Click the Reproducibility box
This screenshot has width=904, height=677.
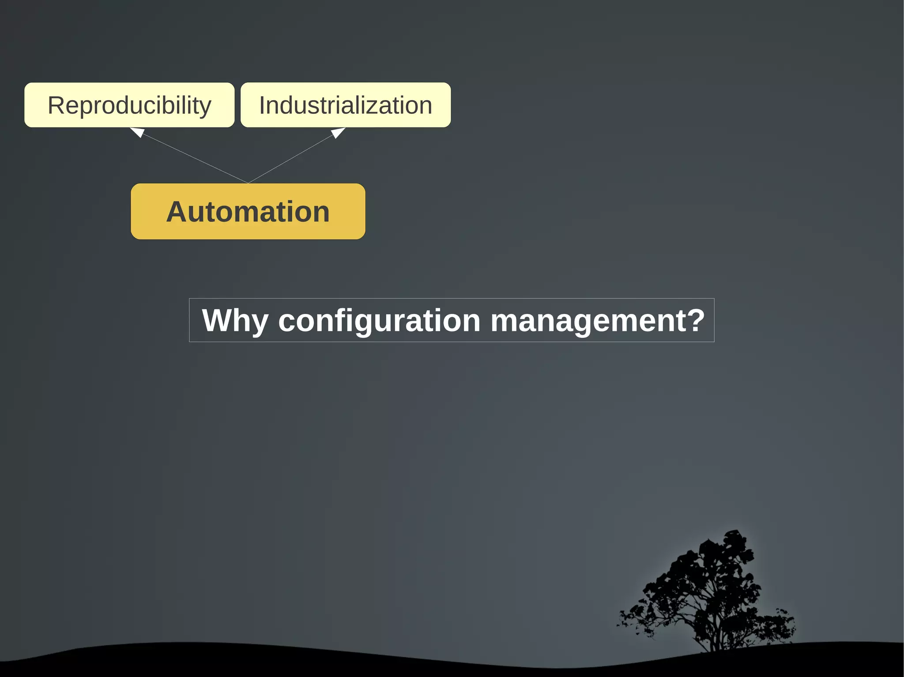[x=129, y=105]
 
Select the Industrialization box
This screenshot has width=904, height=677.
[x=346, y=105]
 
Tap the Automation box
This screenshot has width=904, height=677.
[x=248, y=212]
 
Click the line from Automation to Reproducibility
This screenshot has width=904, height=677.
[x=194, y=158]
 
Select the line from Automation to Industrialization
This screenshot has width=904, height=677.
[x=291, y=158]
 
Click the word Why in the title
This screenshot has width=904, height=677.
[x=235, y=321]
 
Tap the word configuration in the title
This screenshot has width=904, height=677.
[x=379, y=321]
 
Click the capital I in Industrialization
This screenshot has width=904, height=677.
[x=262, y=105]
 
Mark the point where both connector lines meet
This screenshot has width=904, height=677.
[x=248, y=183]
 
